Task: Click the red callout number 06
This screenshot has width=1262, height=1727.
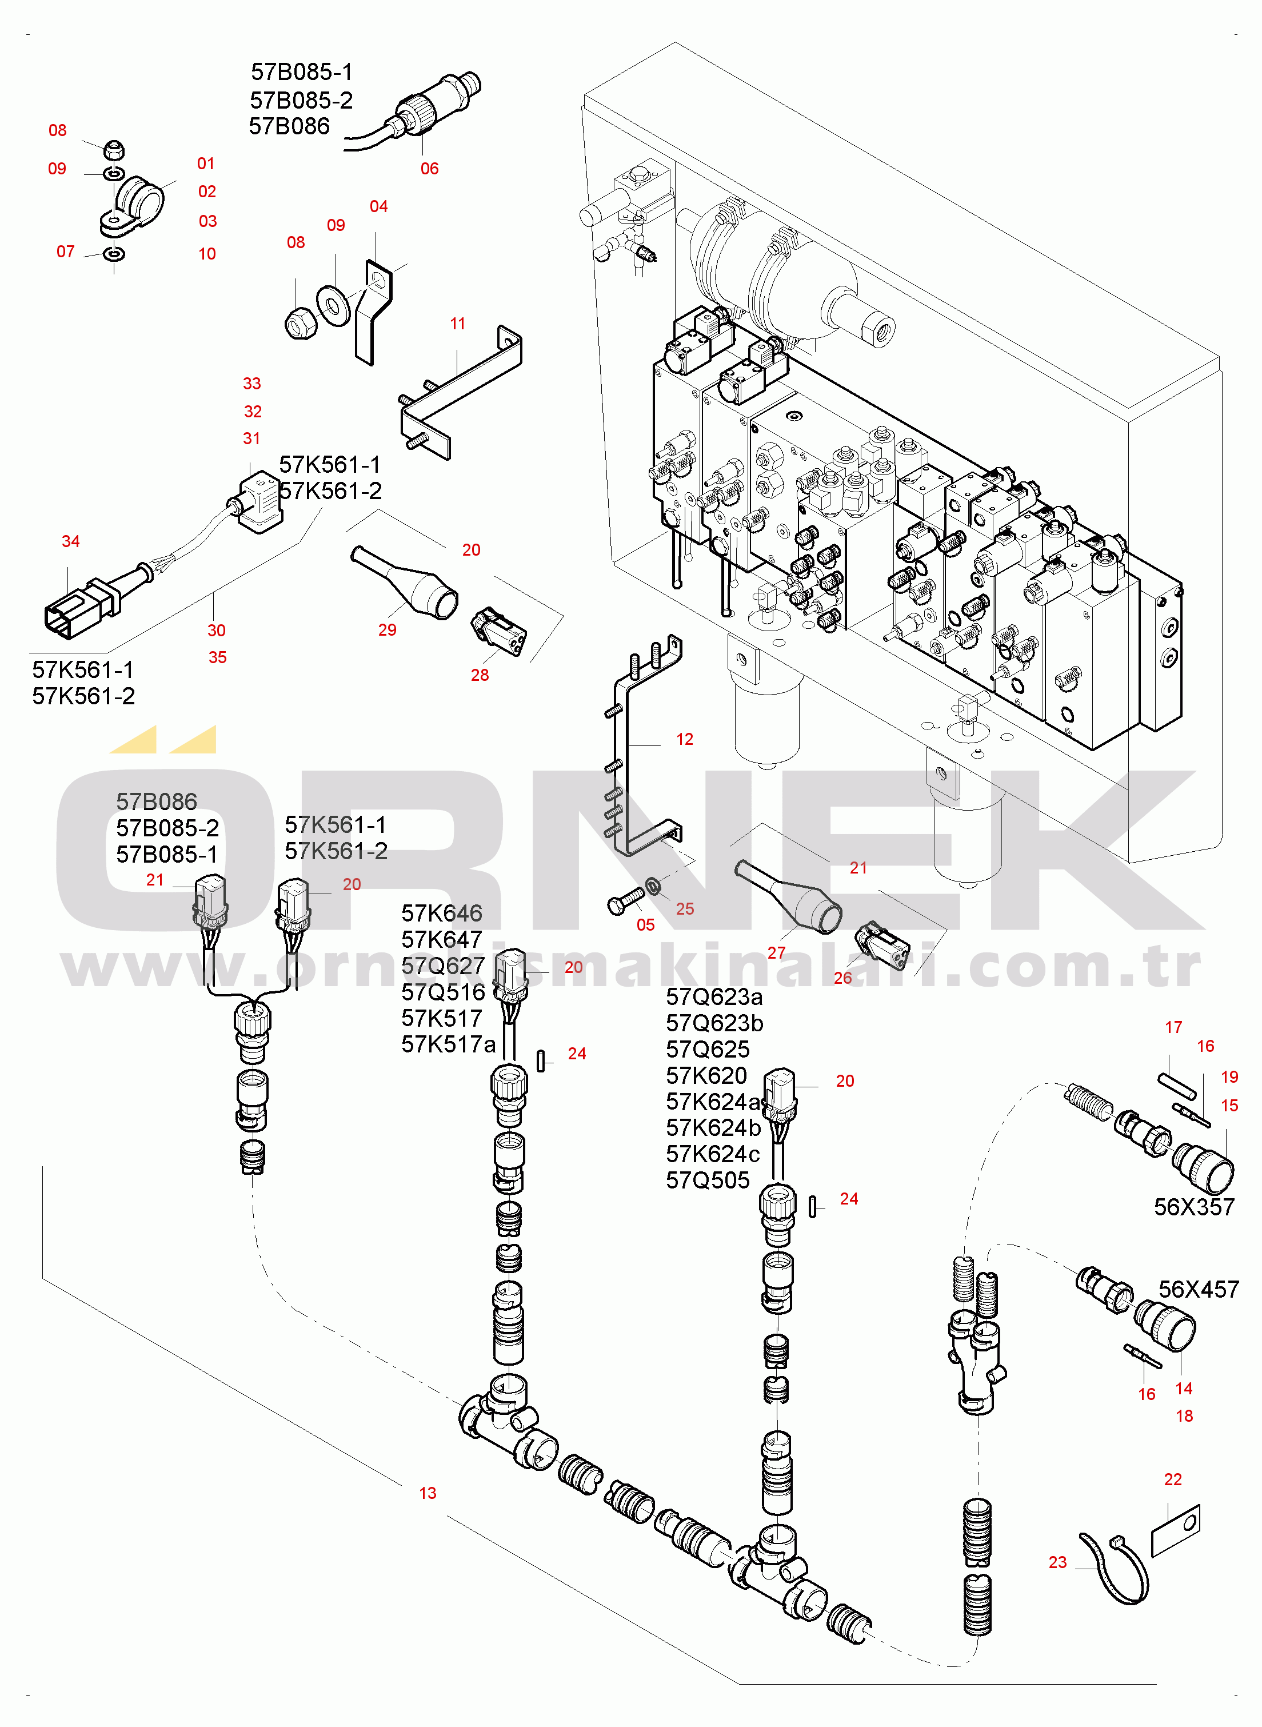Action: pyautogui.click(x=429, y=169)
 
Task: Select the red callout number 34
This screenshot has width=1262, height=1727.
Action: pyautogui.click(x=70, y=541)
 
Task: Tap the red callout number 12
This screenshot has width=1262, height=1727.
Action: pyautogui.click(x=685, y=739)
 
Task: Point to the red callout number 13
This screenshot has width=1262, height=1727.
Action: pyautogui.click(x=427, y=1493)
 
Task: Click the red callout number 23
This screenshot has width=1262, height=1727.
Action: pyautogui.click(x=1057, y=1562)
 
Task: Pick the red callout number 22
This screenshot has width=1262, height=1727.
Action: pyautogui.click(x=1173, y=1479)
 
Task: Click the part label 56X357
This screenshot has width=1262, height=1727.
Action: pyautogui.click(x=1194, y=1207)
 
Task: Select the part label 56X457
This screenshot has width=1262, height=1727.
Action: pyautogui.click(x=1198, y=1289)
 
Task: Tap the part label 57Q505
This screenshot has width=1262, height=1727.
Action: pyautogui.click(x=708, y=1180)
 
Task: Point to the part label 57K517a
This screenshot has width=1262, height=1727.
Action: pyautogui.click(x=449, y=1044)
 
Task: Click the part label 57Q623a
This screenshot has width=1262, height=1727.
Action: pyautogui.click(x=713, y=996)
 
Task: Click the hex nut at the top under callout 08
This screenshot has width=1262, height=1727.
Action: pyautogui.click(x=114, y=149)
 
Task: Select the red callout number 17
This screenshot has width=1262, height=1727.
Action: pyautogui.click(x=1173, y=1027)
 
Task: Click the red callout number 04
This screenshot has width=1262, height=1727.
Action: pyautogui.click(x=378, y=206)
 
